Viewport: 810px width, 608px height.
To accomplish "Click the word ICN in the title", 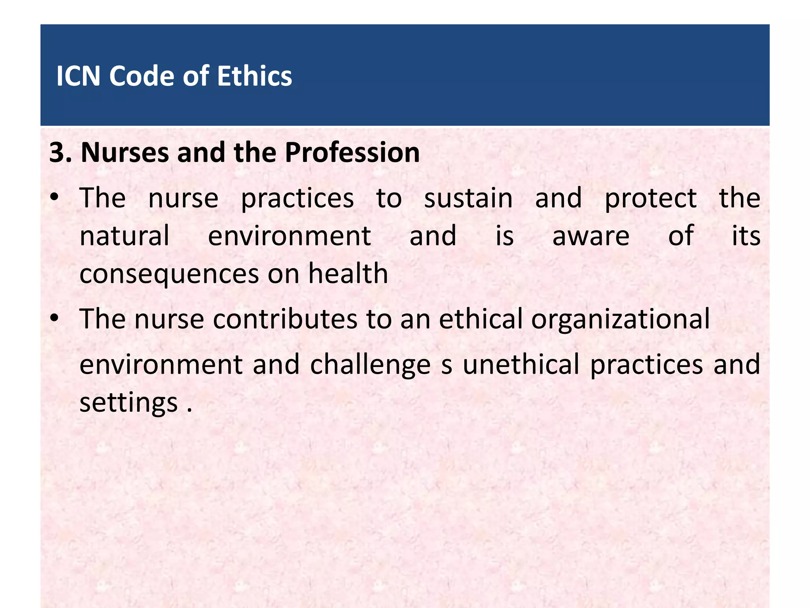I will tap(78, 76).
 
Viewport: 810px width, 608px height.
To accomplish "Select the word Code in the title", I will tap(142, 76).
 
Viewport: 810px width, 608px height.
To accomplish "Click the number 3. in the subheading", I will tap(61, 152).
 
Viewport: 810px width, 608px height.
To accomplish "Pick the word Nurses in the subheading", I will tap(125, 152).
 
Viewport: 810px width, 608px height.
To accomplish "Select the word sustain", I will tap(468, 198).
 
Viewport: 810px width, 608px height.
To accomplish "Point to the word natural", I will tap(124, 236).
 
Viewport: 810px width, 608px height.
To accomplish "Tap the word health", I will tap(348, 274).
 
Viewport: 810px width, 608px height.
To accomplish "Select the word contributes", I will tap(285, 319).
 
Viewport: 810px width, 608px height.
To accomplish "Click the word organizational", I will tap(620, 319).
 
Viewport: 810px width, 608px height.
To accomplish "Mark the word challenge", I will tap(370, 365).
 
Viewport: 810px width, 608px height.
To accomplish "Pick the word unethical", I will tap(521, 364).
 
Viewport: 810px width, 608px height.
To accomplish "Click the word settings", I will tap(129, 403).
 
